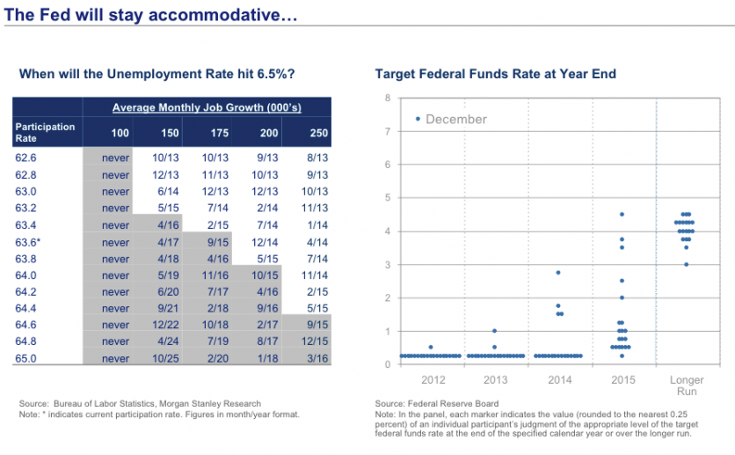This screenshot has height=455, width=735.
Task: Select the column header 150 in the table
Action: (x=170, y=133)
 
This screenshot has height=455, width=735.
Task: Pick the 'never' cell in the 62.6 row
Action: (x=115, y=158)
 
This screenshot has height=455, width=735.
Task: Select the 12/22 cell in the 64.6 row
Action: (x=165, y=325)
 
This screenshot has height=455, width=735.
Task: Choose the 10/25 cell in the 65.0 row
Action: (x=165, y=358)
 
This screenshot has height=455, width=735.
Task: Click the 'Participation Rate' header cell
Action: (x=45, y=133)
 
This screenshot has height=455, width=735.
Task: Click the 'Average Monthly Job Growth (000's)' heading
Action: (x=207, y=107)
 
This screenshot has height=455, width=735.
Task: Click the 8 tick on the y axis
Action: (x=388, y=97)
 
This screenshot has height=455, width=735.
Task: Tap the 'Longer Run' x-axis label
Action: (x=687, y=385)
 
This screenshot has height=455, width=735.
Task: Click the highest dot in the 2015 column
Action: (x=622, y=214)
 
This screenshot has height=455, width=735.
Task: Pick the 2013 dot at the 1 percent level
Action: (x=494, y=331)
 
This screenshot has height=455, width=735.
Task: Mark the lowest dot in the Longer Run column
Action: (x=687, y=264)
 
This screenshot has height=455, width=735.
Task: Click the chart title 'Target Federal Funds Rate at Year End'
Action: (x=495, y=74)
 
